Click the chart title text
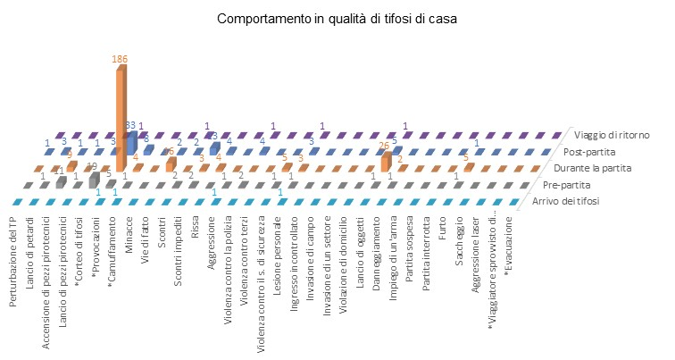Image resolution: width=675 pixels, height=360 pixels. point(337,20)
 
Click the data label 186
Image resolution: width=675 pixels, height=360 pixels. point(120,59)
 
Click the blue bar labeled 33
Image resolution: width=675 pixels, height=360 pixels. point(131,141)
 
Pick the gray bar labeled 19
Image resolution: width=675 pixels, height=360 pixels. point(94,179)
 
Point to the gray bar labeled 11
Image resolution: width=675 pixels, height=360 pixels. point(61,181)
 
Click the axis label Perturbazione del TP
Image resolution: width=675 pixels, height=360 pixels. point(13,259)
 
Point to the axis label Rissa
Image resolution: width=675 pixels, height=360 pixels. point(196,228)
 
